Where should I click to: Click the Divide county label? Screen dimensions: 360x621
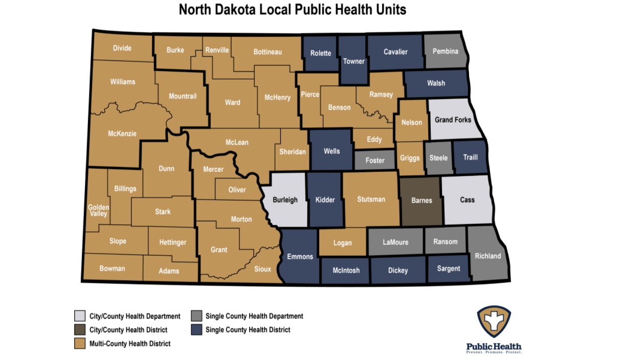click(122, 48)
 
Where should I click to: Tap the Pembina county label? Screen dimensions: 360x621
click(445, 51)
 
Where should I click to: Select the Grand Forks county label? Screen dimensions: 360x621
click(453, 120)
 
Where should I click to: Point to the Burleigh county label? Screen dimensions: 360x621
click(285, 199)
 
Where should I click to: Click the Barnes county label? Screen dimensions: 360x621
click(422, 200)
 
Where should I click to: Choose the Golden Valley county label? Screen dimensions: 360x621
click(98, 210)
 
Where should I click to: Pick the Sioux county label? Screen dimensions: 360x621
click(262, 269)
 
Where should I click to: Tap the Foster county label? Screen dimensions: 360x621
click(375, 160)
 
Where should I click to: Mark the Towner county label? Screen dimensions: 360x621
click(353, 61)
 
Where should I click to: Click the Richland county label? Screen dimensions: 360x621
click(487, 256)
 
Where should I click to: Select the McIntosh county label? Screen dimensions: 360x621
click(346, 271)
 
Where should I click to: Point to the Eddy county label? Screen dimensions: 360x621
click(374, 139)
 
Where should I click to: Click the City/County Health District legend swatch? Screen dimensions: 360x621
click(79, 330)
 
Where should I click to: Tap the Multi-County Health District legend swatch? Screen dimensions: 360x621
click(79, 343)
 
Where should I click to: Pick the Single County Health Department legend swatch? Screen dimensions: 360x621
click(195, 316)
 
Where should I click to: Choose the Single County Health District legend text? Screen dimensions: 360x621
click(248, 330)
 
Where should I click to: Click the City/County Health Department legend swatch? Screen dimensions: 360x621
click(79, 316)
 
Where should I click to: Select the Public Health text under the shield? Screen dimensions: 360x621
click(494, 346)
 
